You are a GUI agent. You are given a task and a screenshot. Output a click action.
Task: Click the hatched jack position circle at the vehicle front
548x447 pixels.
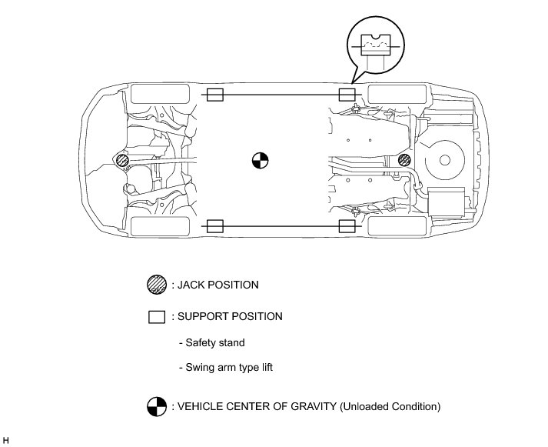click(121, 160)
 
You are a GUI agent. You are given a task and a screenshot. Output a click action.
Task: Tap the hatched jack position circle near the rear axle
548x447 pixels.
click(405, 160)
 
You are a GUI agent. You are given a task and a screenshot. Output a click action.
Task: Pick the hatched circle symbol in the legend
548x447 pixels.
click(156, 285)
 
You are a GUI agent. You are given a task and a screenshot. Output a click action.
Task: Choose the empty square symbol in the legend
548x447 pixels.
click(157, 316)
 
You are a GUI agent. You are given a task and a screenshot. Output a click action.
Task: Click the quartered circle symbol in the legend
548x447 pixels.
click(157, 406)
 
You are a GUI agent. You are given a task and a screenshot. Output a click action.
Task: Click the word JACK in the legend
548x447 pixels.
click(192, 285)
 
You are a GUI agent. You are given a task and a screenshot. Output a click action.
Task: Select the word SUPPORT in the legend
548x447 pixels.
click(203, 316)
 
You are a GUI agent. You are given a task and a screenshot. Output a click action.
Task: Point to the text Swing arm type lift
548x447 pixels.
click(229, 368)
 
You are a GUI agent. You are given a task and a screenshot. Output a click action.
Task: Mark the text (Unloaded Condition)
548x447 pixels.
click(389, 406)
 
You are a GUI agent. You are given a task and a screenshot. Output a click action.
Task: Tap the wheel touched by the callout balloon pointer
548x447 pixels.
click(396, 95)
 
